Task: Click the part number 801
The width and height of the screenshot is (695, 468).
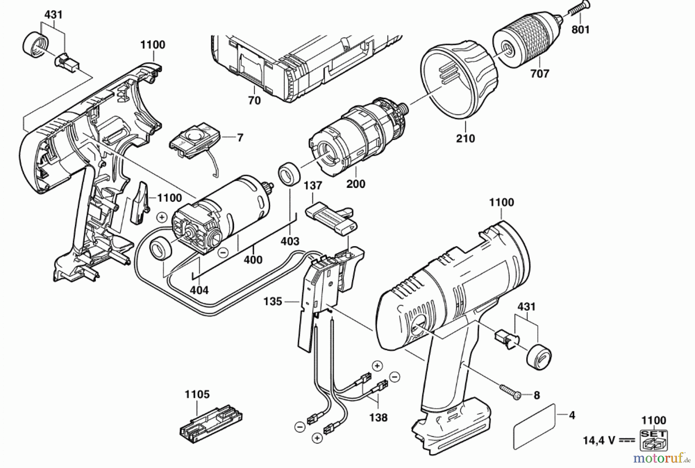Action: pos(580,29)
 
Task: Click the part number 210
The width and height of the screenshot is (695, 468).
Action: pos(465,138)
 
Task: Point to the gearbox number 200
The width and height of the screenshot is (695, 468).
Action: pos(356,184)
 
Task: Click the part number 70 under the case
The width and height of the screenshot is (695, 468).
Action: pos(254,100)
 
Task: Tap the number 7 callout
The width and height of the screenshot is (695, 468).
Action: pos(240,137)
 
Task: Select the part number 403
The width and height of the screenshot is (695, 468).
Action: pos(290,241)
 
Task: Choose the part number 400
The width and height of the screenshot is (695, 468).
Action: pos(253,260)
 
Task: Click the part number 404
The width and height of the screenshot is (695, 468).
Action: pos(199,290)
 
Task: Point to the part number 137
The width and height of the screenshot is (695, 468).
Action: pos(313,186)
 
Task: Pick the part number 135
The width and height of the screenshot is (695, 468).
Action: pos(273,301)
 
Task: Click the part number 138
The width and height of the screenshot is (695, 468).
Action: pos(378,417)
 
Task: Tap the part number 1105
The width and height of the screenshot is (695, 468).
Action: pos(197,394)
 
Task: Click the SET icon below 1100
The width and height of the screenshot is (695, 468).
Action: pos(654,439)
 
